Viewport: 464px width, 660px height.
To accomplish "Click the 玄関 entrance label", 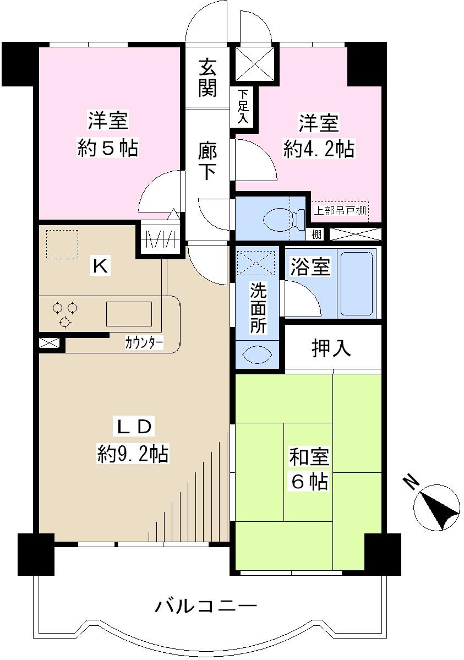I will click(207, 78).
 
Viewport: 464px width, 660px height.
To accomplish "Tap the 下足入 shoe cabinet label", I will click(243, 107).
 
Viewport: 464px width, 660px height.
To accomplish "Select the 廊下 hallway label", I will click(207, 161).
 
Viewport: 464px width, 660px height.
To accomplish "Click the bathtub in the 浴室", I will click(356, 282).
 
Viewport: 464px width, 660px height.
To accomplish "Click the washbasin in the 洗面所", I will click(257, 354).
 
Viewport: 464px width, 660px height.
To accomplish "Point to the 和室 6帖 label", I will click(309, 469).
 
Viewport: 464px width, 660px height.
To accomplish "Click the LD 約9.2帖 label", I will click(132, 440).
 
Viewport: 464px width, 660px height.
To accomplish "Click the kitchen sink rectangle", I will click(129, 314).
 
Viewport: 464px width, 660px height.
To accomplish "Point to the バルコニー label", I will click(206, 607).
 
